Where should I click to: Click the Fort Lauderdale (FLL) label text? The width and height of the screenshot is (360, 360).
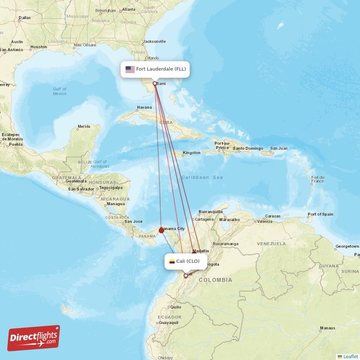pyautogui.click(x=161, y=69)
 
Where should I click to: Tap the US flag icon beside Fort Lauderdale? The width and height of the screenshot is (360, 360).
pyautogui.click(x=130, y=69)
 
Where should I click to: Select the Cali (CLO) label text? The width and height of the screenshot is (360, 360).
pyautogui.click(x=188, y=261)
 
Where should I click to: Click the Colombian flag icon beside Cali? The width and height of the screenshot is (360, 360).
pyautogui.click(x=172, y=261)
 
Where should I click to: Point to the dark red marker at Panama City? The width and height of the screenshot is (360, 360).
pyautogui.click(x=161, y=230)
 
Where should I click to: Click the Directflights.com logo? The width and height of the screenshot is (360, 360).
pyautogui.click(x=33, y=338)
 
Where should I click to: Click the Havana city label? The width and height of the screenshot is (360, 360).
pyautogui.click(x=144, y=108)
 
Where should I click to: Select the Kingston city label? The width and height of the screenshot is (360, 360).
pyautogui.click(x=191, y=153)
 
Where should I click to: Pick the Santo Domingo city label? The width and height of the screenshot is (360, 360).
pyautogui.click(x=248, y=148)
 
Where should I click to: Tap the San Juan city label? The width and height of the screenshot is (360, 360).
pyautogui.click(x=279, y=148)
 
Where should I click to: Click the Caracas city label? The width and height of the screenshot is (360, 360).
pyautogui.click(x=273, y=216)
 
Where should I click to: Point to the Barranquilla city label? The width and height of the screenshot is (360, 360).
pyautogui.click(x=211, y=211)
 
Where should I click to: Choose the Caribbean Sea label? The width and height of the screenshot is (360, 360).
pyautogui.click(x=202, y=177)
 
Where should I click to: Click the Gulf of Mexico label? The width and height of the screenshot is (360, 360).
pyautogui.click(x=59, y=91)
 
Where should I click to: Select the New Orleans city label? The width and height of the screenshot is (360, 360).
pyautogui.click(x=85, y=45)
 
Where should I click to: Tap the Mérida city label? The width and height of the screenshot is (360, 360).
pyautogui.click(x=84, y=126)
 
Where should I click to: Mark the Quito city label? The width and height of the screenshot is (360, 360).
pyautogui.click(x=175, y=307)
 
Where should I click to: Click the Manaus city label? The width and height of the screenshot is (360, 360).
pyautogui.click(x=327, y=328)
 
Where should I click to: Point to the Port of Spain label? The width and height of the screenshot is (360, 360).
pyautogui.click(x=320, y=214)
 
